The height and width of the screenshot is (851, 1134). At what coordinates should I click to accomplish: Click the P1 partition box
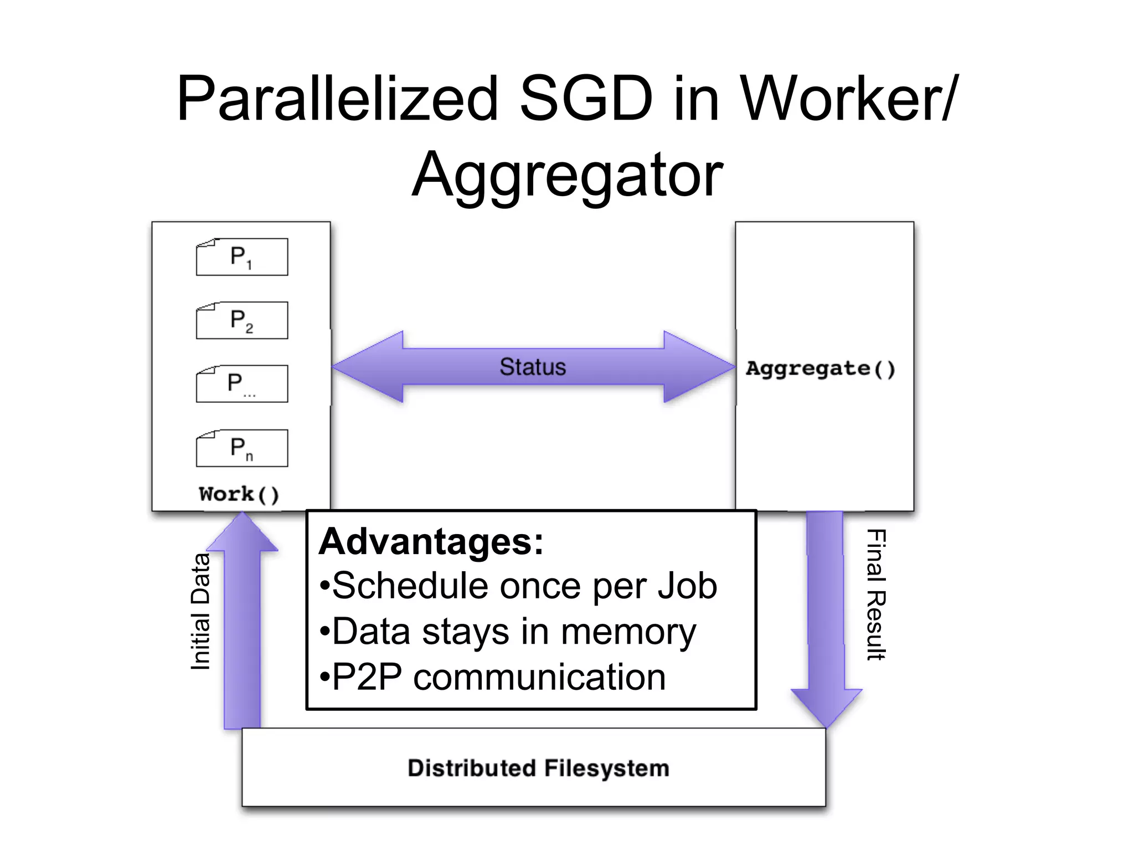242,257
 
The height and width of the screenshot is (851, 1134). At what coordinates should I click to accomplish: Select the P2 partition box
242,320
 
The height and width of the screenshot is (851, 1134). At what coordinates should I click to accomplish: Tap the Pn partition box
242,448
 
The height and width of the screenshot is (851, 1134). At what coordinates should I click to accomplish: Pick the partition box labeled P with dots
242,384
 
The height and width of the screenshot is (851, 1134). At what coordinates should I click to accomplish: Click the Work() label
239,494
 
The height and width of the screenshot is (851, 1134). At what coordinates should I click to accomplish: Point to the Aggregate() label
821,368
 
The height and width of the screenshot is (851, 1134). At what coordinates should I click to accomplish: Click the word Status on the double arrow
533,367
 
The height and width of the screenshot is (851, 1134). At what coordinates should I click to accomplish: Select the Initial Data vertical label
200,612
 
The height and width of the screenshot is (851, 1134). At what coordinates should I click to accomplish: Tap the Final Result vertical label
876,594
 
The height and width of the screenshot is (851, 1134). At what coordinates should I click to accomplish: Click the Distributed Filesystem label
538,768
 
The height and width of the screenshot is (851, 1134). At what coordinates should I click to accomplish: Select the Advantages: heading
431,541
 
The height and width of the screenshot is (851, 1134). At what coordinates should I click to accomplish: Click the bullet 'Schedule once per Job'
519,586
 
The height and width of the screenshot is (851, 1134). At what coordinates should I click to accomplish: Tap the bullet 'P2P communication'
493,677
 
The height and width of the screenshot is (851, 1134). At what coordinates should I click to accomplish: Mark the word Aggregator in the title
568,175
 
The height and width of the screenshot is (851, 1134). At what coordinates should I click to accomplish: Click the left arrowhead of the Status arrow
365,367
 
